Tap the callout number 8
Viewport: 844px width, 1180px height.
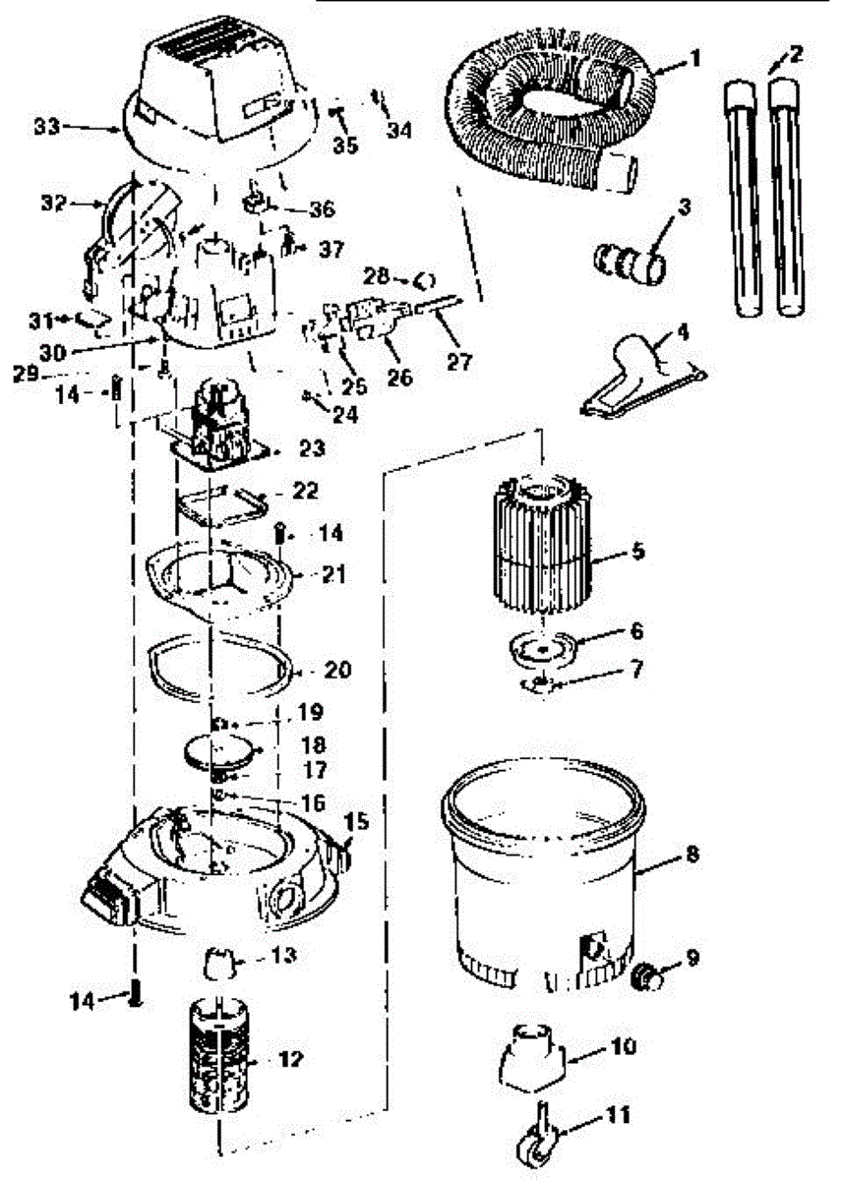pos(692,855)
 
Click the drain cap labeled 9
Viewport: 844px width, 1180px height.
pos(646,977)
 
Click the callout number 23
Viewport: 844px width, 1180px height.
pos(312,447)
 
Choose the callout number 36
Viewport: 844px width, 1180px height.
pos(322,209)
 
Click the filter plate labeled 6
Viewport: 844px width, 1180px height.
pos(540,648)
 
